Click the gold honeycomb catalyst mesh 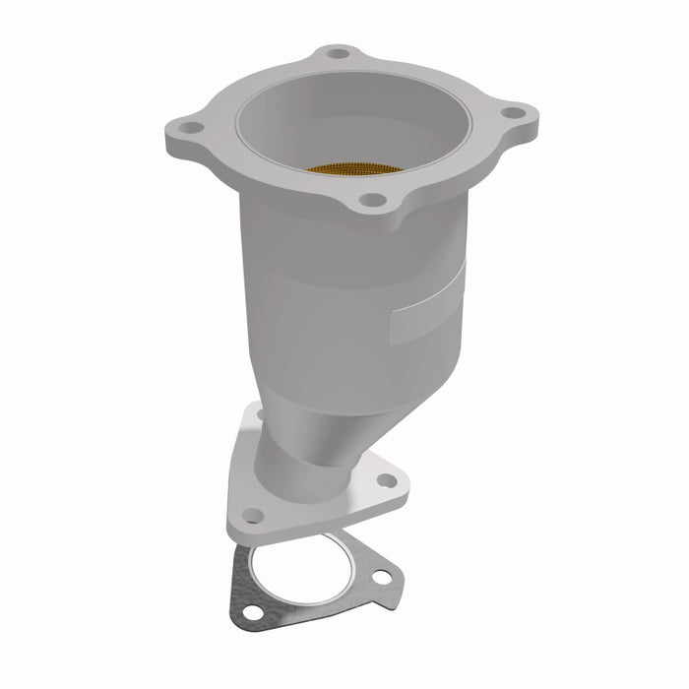354,168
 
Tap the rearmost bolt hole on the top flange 338,53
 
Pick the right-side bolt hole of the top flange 512,112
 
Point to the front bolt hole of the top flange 371,200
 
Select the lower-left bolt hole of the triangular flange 253,515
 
